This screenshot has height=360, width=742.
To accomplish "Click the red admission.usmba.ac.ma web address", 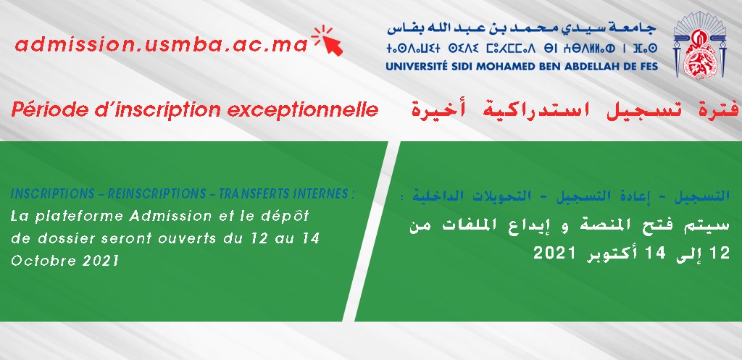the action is point(162,44).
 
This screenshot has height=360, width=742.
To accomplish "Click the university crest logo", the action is point(699,45).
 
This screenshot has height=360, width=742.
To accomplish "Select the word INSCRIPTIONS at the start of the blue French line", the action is point(52,194).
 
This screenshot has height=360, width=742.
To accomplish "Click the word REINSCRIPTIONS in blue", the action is point(157,194).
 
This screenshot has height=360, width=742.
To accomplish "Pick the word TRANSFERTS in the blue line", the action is point(252,194).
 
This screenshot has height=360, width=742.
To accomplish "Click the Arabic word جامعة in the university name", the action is point(635,28).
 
